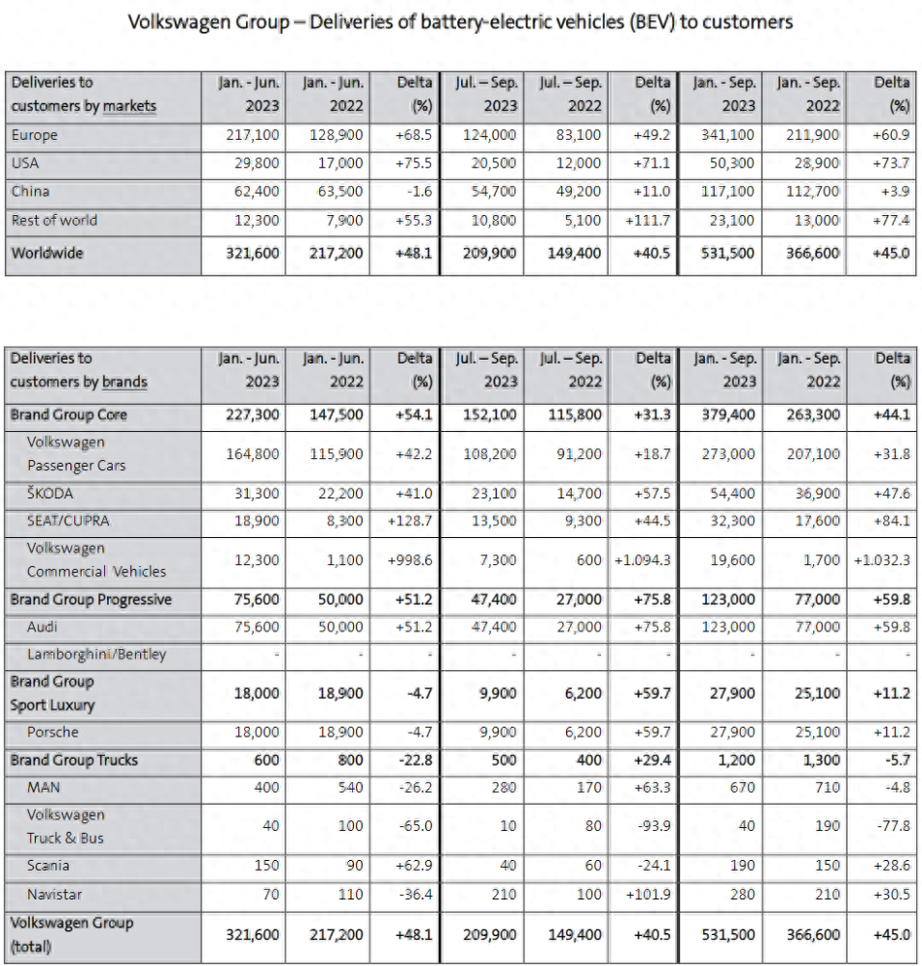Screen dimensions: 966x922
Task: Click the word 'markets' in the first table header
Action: [x=129, y=106]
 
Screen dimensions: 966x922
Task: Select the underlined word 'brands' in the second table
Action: [x=123, y=382]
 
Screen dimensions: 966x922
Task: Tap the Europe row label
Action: [x=35, y=136]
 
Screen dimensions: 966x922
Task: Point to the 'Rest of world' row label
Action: [x=54, y=220]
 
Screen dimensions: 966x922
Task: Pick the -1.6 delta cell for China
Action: [x=419, y=192]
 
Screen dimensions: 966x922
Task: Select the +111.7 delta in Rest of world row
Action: [x=649, y=221]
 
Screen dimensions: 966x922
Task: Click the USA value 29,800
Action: [x=253, y=164]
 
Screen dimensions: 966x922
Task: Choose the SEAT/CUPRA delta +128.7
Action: [x=410, y=522]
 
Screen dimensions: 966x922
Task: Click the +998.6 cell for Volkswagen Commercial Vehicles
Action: [x=410, y=560]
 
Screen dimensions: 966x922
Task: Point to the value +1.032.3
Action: [x=881, y=560]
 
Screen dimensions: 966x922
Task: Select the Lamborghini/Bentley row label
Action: [x=96, y=655]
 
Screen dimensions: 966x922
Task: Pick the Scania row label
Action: [x=48, y=866]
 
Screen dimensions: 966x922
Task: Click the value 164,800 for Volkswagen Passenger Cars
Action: [x=253, y=454]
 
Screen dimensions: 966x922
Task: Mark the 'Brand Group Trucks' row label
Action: [x=74, y=761]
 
